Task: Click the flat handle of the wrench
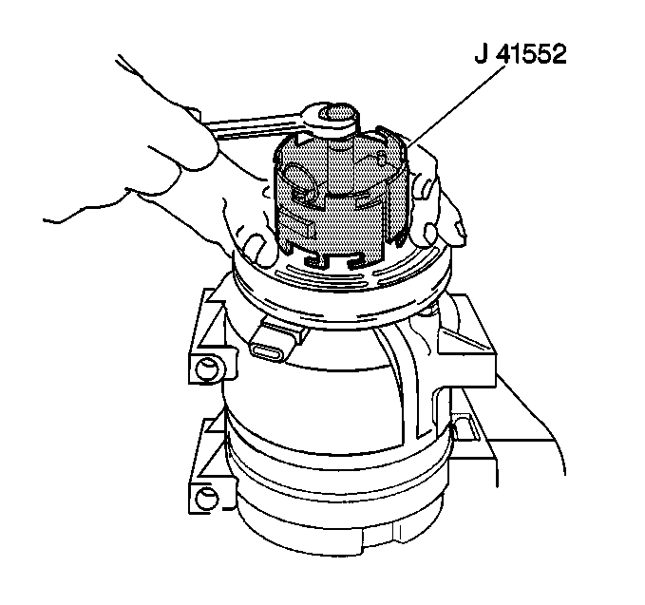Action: point(251,125)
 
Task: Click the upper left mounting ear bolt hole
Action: point(205,369)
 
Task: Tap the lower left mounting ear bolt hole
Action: point(205,499)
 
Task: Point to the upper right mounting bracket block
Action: point(466,341)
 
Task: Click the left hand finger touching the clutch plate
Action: point(260,251)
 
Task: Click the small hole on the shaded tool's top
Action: point(381,159)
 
